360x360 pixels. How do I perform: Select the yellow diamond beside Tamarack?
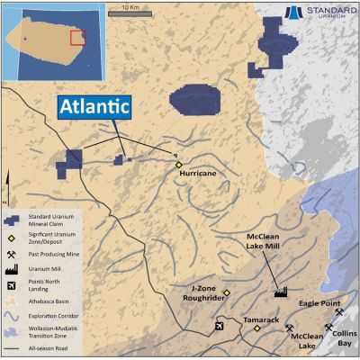[x=257, y=328]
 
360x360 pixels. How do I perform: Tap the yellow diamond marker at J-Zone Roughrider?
[x=228, y=293]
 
